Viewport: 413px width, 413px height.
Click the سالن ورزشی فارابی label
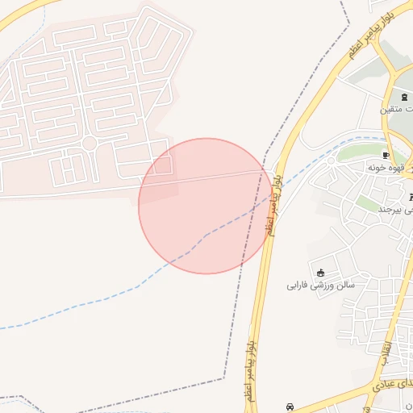tap(321, 285)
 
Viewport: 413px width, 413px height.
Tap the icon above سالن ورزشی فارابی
tap(322, 272)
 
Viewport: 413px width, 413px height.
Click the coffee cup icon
tap(386, 155)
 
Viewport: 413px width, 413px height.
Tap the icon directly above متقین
tap(403, 97)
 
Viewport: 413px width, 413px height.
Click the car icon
tap(290, 407)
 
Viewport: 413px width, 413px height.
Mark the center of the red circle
tap(206, 206)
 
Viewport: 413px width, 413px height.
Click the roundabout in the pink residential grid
tap(90, 144)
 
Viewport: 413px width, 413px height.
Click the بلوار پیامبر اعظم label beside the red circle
tap(277, 202)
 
